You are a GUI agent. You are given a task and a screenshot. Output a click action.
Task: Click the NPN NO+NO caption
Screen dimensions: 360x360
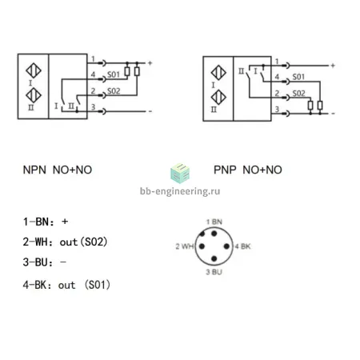point(58,170)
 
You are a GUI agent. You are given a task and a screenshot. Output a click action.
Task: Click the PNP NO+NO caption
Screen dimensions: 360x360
point(248,170)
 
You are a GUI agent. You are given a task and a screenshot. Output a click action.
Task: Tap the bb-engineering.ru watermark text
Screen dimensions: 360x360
point(180,191)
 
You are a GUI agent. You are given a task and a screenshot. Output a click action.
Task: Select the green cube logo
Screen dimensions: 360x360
point(180,173)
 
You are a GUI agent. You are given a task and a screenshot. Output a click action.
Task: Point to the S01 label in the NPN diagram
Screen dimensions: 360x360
point(114,74)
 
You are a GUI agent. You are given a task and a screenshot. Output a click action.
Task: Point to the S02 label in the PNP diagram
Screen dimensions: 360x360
point(298,94)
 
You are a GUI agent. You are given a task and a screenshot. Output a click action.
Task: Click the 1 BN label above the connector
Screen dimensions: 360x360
point(214,222)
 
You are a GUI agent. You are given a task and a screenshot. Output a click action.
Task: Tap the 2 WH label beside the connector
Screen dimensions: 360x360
point(185,246)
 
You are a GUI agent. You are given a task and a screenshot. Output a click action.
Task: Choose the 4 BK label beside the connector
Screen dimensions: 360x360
point(242,246)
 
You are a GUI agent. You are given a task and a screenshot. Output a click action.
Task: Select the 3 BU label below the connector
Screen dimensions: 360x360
point(214,272)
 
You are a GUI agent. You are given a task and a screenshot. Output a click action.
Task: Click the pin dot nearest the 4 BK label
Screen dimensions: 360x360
point(226,246)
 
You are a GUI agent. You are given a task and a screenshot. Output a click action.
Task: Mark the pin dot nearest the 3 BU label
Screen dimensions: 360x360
point(214,258)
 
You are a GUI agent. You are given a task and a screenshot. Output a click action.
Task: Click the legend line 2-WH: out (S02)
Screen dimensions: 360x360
point(65,242)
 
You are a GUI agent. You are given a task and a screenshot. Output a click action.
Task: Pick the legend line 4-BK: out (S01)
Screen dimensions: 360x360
point(66,285)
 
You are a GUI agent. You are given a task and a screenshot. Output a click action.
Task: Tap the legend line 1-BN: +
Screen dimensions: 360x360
point(46,222)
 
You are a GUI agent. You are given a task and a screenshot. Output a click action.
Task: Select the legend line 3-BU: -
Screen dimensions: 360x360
point(44,262)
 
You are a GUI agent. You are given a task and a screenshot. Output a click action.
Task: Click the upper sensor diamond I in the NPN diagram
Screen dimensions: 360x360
point(34,70)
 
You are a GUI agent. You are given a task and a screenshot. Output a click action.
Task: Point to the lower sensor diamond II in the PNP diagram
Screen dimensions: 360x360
point(218,98)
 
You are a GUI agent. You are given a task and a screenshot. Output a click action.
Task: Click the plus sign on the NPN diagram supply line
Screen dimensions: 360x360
point(150,63)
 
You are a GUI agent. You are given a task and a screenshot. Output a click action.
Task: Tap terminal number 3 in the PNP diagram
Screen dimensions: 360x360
point(277,109)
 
